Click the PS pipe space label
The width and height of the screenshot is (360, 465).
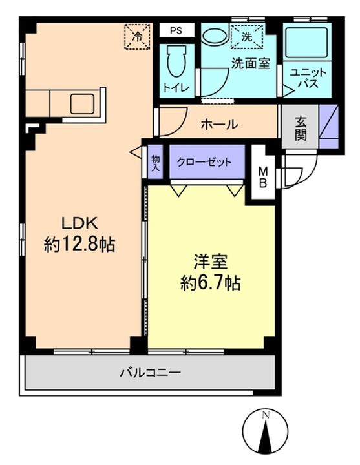176,30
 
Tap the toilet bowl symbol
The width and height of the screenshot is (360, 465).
176,61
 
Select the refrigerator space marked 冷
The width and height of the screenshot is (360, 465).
137,36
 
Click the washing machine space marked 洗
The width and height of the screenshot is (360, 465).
247,37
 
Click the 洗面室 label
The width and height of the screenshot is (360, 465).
251,63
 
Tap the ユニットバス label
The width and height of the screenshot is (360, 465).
308,78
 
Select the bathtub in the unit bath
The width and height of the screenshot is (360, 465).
307,43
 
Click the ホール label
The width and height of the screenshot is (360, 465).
220,125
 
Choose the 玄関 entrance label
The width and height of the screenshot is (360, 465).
301,129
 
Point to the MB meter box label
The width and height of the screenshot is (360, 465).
263,178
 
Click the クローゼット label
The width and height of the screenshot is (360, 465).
204,162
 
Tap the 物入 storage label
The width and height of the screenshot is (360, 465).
156,163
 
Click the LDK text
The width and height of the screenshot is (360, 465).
79,223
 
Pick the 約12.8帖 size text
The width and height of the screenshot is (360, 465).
79,245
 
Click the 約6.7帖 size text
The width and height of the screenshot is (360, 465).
211,284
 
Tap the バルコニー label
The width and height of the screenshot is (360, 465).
151,372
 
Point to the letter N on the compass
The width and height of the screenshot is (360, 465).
266,415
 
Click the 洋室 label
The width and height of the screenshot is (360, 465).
211,262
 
